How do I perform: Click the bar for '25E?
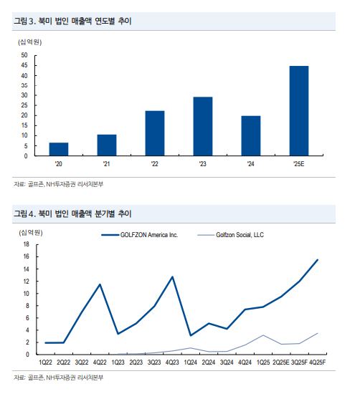point(299,111)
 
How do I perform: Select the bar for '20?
point(59,149)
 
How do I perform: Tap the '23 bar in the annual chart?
point(203,126)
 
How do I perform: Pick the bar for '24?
point(251,135)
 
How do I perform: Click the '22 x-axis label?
point(155,164)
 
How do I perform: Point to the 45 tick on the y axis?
point(24,65)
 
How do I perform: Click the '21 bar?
point(107,145)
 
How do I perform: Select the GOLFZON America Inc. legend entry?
point(140,235)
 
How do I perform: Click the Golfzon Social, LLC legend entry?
point(231,235)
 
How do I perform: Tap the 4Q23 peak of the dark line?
point(173,277)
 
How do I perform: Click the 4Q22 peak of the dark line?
point(100,284)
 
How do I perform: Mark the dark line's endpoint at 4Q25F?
point(318,260)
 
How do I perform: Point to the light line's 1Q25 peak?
point(263,335)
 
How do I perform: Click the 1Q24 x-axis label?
point(191,362)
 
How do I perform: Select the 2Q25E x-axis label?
point(281,362)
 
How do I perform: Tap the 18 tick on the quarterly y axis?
point(27,244)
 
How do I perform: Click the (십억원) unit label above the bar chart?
point(30,42)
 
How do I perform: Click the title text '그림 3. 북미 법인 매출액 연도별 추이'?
point(72,21)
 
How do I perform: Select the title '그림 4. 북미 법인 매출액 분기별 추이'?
point(72,213)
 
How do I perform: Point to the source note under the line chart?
point(59,378)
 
